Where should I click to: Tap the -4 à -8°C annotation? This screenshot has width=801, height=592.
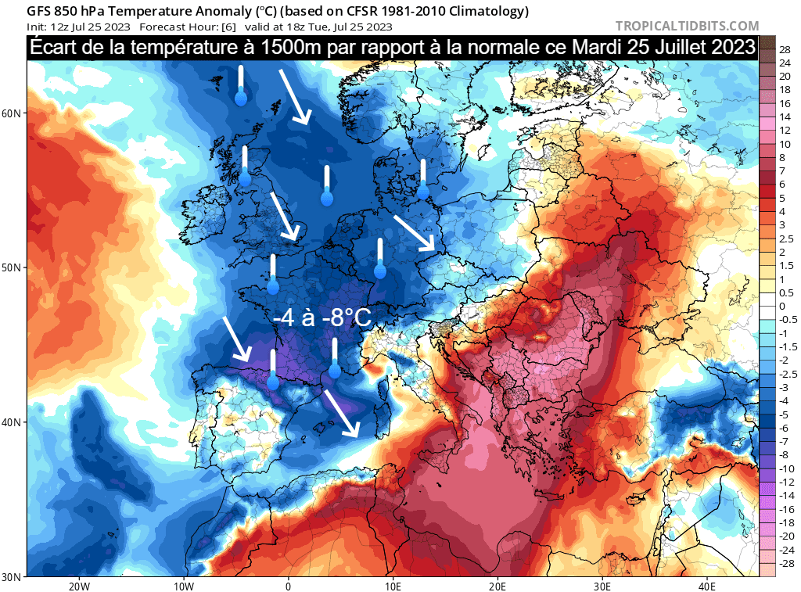point(321,318)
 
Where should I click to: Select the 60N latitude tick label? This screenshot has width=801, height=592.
point(11,113)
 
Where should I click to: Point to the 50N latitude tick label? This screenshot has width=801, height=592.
point(11,267)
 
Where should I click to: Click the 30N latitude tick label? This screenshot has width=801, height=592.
point(11,577)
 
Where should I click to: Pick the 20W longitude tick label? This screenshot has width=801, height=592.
point(77,586)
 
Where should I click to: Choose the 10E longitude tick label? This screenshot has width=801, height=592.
point(393,586)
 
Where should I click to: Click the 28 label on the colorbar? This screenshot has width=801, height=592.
point(784,48)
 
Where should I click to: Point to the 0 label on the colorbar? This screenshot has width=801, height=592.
point(781,306)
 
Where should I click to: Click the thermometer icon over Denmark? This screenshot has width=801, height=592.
point(423,180)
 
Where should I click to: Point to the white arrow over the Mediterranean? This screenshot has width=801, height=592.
point(340,413)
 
